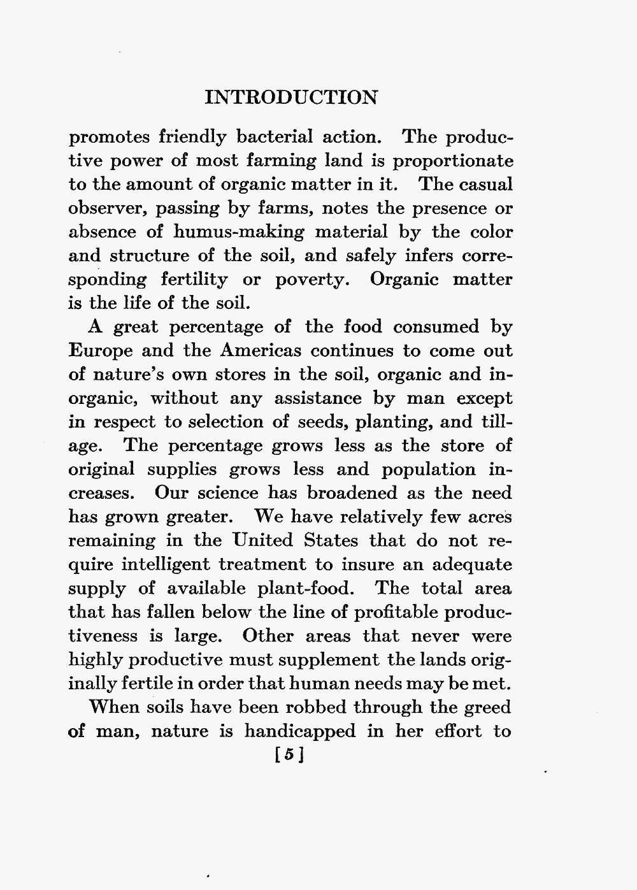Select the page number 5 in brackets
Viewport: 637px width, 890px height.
click(289, 756)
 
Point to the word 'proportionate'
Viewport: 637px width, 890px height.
click(452, 161)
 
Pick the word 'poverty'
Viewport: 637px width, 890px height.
click(310, 280)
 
